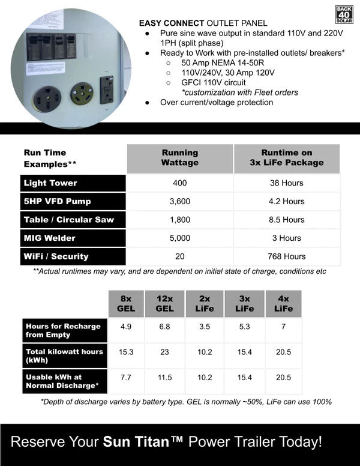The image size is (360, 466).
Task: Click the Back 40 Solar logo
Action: tap(344, 14)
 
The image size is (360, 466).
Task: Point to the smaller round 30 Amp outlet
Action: tap(81, 93)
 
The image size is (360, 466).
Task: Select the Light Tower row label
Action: tap(50, 183)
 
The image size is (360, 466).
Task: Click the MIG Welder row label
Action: tap(49, 238)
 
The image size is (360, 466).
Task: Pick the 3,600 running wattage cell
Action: tap(179, 201)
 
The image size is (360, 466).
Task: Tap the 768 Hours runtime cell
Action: tap(286, 256)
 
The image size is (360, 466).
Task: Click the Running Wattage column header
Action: tap(179, 158)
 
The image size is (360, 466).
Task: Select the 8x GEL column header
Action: tap(125, 304)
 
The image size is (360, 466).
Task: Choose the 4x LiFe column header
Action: tap(283, 304)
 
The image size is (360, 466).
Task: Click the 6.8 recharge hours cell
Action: tap(164, 327)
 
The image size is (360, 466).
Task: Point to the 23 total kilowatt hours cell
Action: tap(164, 352)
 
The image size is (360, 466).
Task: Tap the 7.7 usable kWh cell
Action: tap(125, 378)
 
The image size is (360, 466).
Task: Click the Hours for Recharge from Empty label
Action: tap(63, 330)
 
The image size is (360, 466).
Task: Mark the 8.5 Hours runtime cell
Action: tap(286, 220)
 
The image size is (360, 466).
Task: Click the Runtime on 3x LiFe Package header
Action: tap(286, 158)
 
